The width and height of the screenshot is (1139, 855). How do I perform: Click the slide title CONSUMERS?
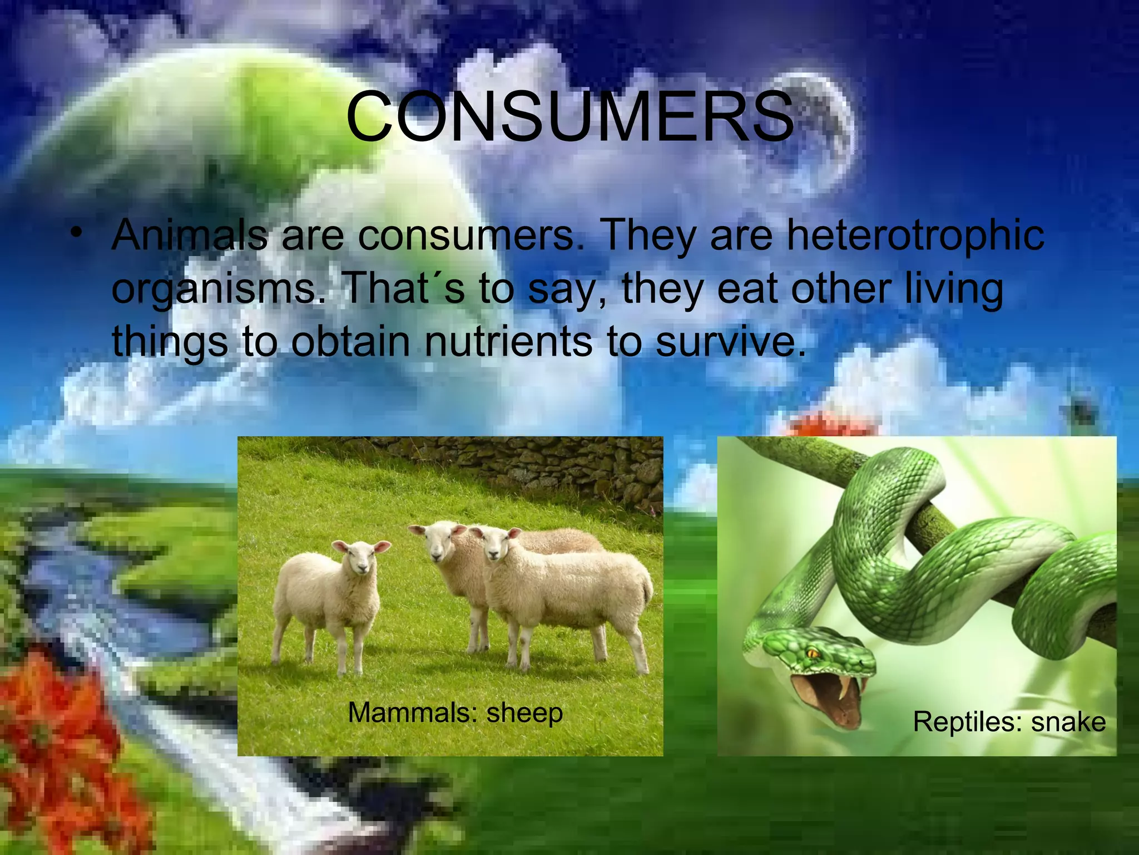click(569, 117)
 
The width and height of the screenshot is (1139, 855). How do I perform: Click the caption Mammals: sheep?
click(455, 712)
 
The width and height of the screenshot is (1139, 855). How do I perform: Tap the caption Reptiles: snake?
click(1009, 722)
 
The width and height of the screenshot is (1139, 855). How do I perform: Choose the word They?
click(648, 235)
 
